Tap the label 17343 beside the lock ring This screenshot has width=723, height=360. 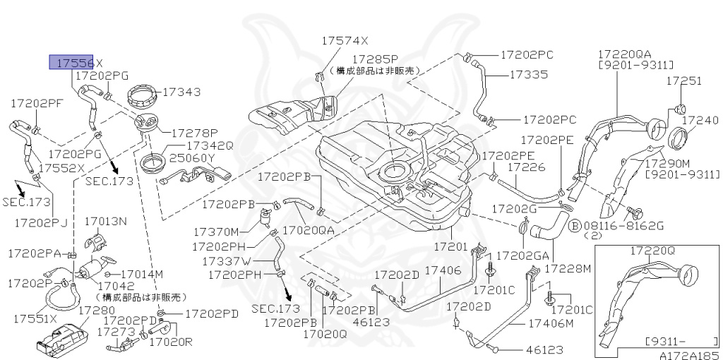pos(181,92)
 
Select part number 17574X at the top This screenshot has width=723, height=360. pos(346,41)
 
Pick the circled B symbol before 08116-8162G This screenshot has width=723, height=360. pos(575,225)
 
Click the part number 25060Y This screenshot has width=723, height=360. pos(191,157)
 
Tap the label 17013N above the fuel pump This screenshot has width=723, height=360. pos(105,222)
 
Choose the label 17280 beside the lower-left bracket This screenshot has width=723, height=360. pos(96,310)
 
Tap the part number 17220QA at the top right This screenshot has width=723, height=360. pos(625,54)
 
